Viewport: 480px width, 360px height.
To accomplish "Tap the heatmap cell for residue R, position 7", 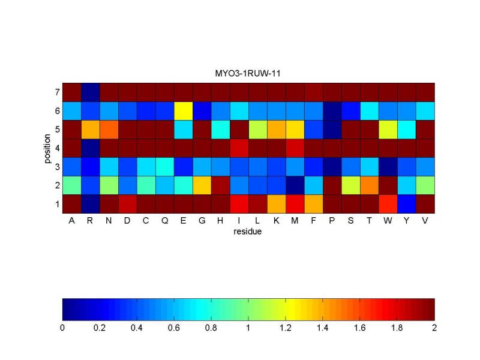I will point(91,92).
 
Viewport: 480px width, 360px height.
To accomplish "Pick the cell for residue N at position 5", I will point(109,130).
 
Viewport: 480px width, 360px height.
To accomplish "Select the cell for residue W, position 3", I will point(388,167).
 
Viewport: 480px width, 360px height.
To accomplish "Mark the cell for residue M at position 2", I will point(295,185).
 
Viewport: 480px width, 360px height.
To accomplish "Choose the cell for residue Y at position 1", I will point(407,204).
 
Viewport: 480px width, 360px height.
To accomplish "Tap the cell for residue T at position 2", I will point(370,185).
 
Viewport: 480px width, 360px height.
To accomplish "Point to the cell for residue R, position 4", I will point(91,148).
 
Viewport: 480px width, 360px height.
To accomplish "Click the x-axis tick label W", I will point(388,221).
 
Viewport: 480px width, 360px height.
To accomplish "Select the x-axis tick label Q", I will point(165,221).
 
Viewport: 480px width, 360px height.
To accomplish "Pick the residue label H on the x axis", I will point(221,221).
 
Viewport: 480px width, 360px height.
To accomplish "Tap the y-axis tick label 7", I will point(57,93).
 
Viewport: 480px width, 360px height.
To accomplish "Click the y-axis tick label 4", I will point(57,148).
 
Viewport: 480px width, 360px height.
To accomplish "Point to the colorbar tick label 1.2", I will point(286,328).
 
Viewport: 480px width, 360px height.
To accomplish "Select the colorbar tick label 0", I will point(62,328).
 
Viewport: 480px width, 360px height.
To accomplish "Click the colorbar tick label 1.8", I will point(397,328).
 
